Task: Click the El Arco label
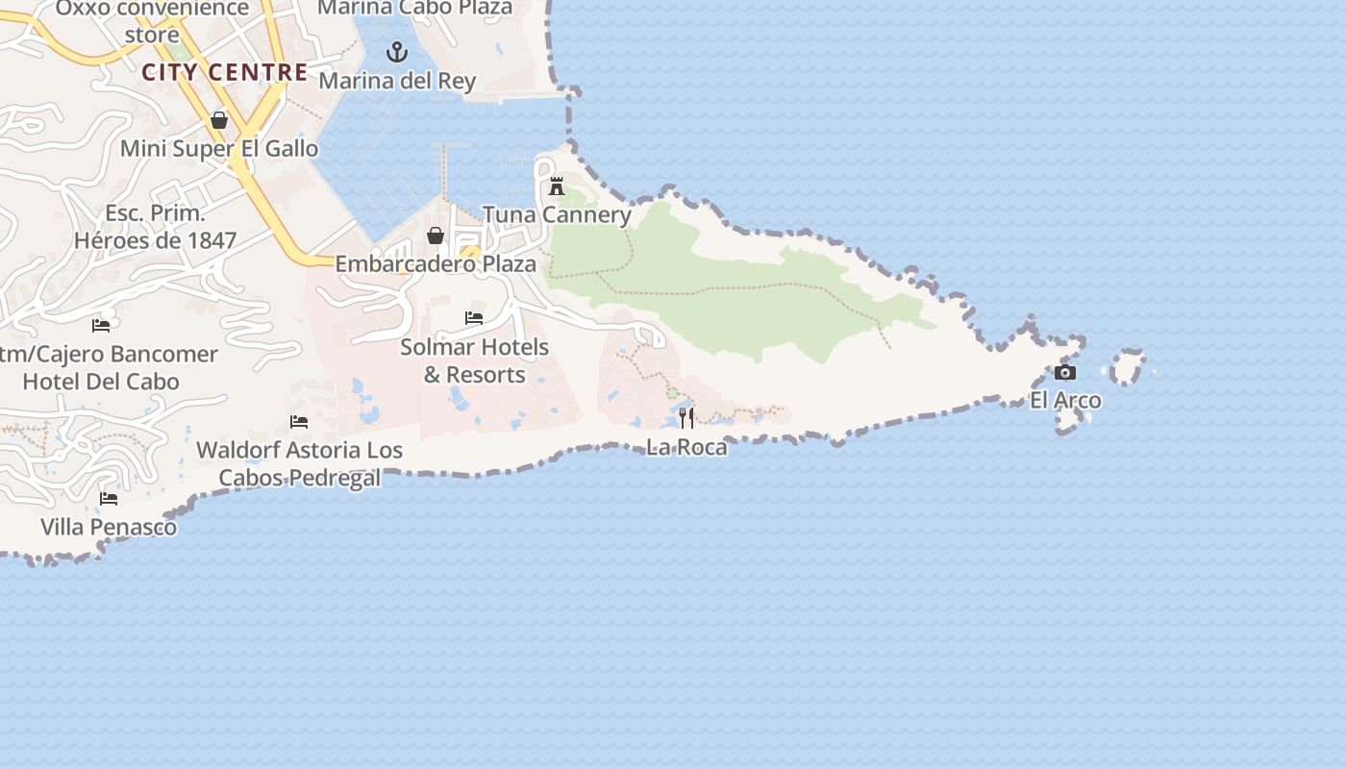point(1065,400)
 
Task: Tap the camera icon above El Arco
point(1065,373)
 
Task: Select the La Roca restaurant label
point(686,447)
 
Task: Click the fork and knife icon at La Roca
point(686,418)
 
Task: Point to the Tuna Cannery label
point(557,214)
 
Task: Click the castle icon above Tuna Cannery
point(557,186)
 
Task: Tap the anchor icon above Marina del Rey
point(397,52)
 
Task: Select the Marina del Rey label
point(397,81)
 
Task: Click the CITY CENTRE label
point(225,72)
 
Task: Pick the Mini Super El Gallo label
point(219,149)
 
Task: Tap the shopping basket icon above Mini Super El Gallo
point(219,120)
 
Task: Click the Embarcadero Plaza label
point(436,263)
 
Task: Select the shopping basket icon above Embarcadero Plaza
point(436,236)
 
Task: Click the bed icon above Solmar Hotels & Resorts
point(474,318)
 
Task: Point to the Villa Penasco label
point(109,527)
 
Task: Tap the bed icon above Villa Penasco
point(109,499)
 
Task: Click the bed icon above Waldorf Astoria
point(299,422)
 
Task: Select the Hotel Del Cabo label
point(101,382)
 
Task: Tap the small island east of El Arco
point(1127,368)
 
